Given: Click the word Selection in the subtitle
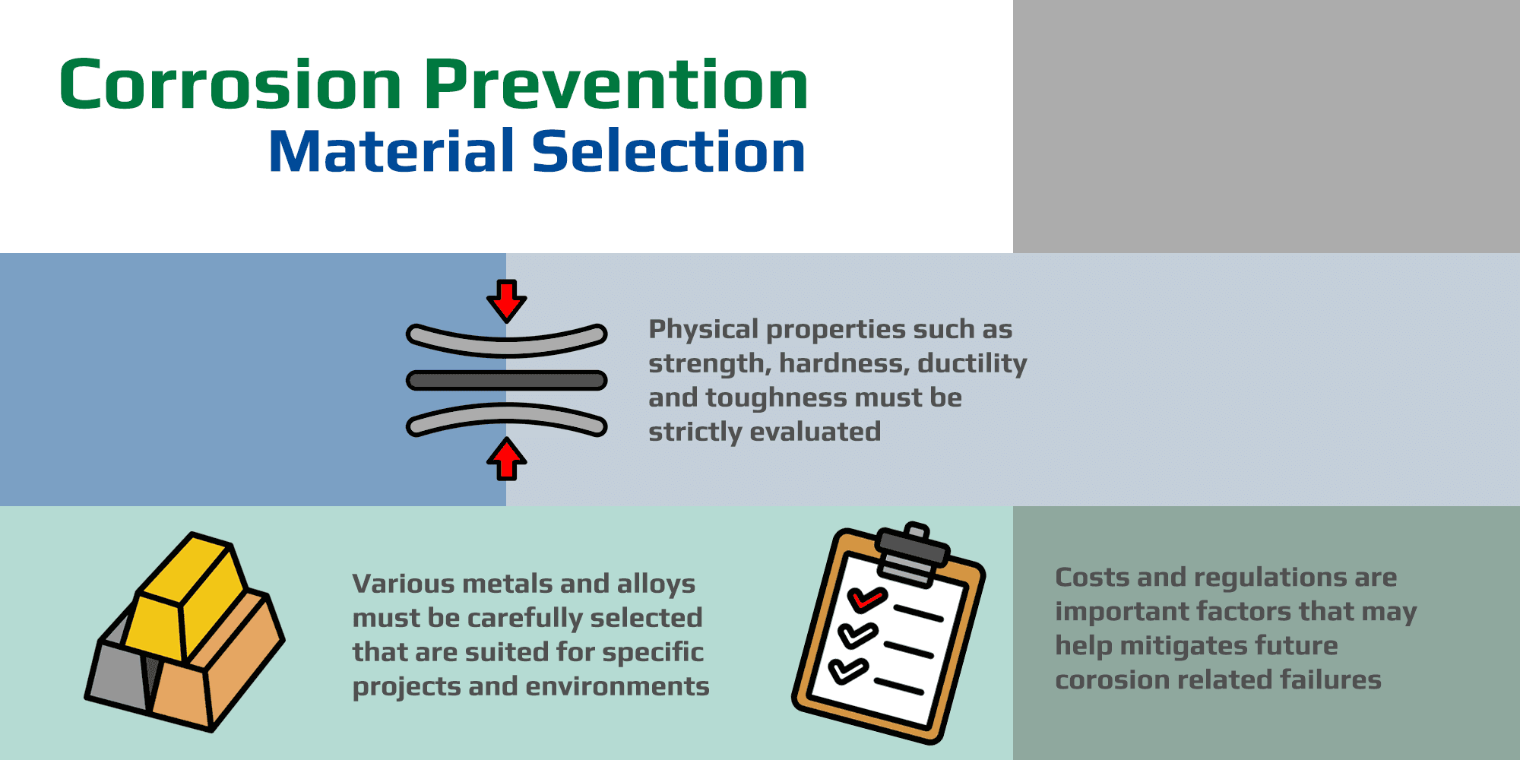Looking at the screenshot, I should [668, 152].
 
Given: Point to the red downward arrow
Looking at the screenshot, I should [507, 301].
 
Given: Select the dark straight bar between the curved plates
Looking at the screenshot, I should [507, 380].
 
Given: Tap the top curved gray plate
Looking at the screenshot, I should [507, 342].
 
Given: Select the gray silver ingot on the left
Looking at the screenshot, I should [118, 673].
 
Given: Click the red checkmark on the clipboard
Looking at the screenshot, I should [866, 599].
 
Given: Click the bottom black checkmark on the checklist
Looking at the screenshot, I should [847, 670].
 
